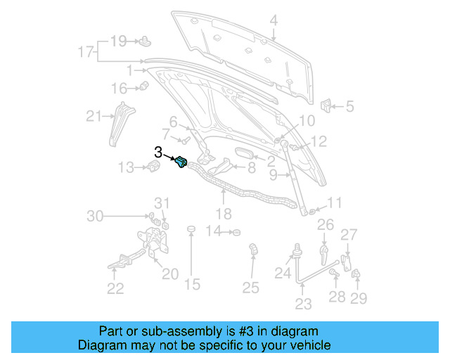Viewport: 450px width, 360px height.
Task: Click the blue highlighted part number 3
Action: [x=181, y=162]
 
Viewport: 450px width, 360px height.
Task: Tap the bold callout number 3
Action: [x=158, y=151]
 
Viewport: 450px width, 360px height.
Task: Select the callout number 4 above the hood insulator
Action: [x=274, y=20]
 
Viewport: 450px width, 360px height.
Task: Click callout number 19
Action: [x=118, y=41]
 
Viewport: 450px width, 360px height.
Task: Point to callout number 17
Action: [x=86, y=52]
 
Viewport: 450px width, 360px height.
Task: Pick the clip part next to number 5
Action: [x=326, y=106]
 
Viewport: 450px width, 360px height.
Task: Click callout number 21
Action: [x=94, y=117]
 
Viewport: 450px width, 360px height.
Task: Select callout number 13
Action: [x=125, y=167]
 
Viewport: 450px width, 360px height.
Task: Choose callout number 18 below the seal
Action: [x=223, y=213]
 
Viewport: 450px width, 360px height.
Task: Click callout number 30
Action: [x=96, y=216]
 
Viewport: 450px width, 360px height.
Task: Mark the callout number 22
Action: [x=115, y=287]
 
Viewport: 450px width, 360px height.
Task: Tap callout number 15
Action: [x=192, y=284]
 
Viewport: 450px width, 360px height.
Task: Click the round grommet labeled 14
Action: [x=237, y=232]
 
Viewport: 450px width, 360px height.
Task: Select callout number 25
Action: [x=251, y=287]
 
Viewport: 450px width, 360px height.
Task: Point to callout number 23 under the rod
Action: [x=303, y=304]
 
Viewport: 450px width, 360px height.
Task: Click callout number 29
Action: [x=360, y=300]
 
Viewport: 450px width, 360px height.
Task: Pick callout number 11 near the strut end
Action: [x=334, y=203]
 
